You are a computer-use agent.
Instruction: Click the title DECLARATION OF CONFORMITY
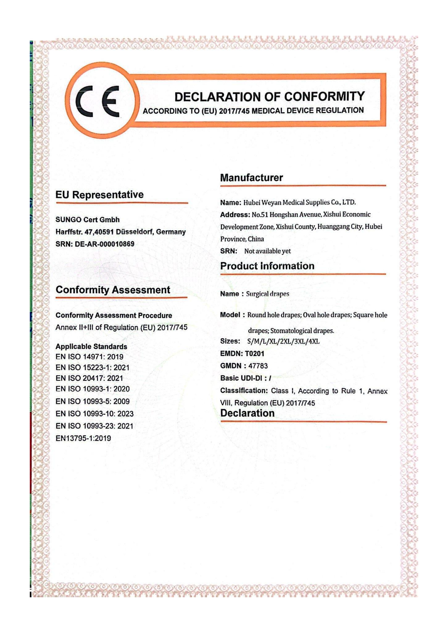coord(270,97)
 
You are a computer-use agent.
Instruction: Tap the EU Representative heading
coord(100,195)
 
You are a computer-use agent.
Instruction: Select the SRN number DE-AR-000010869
coord(105,244)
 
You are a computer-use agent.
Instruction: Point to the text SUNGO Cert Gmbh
coord(87,220)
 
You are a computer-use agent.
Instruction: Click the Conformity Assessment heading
coord(113,290)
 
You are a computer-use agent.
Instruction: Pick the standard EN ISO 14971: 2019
coord(89,357)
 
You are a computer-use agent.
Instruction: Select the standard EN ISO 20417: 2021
coord(89,378)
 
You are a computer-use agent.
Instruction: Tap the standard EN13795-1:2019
coord(83,438)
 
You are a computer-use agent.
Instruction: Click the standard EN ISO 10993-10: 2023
coord(94,414)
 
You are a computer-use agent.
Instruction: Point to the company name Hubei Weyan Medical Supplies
coord(299,203)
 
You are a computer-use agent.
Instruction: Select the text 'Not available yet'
coord(267,251)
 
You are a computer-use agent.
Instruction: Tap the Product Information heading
coord(267,266)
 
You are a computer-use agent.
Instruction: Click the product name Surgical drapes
coord(268,294)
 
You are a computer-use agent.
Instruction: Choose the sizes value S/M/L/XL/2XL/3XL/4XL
coord(283,342)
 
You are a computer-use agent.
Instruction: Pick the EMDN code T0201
coord(254,354)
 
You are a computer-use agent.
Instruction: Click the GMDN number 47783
coord(258,366)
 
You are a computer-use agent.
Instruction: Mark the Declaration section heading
coord(248,413)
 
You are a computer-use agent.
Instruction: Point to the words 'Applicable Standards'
coord(91,347)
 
